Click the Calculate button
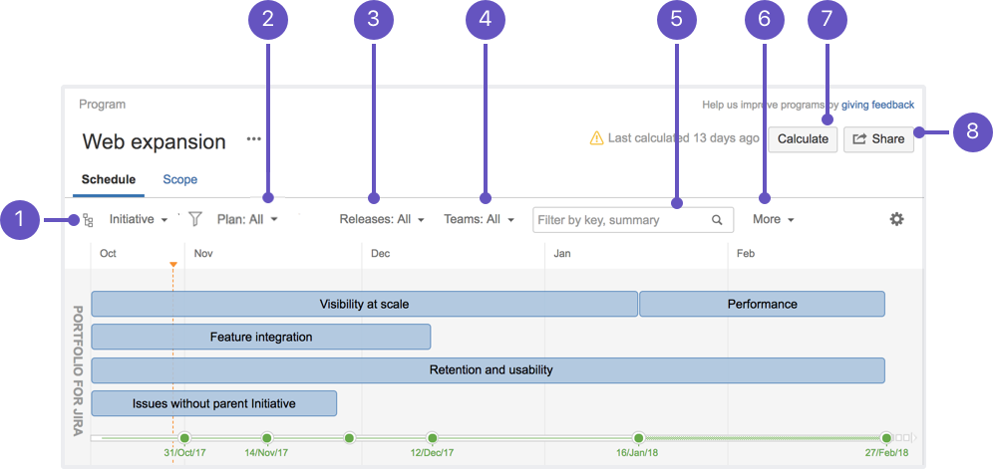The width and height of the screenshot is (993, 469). click(x=803, y=139)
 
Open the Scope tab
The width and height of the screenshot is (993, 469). click(x=179, y=180)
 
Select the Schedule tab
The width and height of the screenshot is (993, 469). click(x=109, y=180)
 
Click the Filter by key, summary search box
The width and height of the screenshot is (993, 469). click(x=633, y=220)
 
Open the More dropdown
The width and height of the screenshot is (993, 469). click(x=774, y=220)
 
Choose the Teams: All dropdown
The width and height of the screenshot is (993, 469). click(x=479, y=220)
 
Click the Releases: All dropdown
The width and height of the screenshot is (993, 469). click(x=381, y=220)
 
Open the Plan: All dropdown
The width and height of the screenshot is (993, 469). click(x=247, y=220)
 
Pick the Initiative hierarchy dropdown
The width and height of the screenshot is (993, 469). click(x=138, y=220)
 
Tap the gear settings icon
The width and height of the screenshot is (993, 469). click(x=896, y=220)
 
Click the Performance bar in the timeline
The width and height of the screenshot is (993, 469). click(x=762, y=304)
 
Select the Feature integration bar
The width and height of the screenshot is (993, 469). click(x=261, y=337)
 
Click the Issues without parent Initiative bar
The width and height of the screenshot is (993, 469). click(x=214, y=403)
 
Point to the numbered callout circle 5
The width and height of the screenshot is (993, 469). click(x=676, y=20)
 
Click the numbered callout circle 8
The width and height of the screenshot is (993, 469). click(x=972, y=131)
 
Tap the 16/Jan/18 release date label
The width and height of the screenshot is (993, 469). click(x=638, y=453)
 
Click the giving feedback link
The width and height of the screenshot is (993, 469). click(x=877, y=106)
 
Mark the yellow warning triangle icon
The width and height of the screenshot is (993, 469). click(x=596, y=138)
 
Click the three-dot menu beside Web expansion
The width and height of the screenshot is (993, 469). click(x=254, y=139)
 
